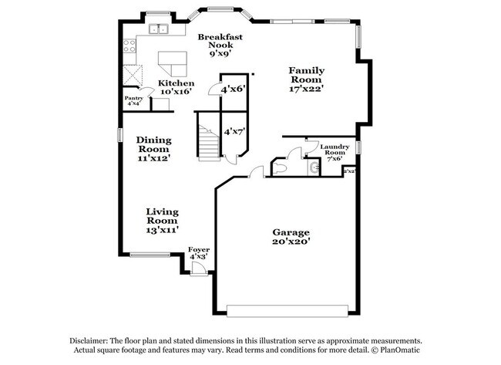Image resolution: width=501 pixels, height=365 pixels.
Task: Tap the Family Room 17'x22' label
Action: coord(306,79)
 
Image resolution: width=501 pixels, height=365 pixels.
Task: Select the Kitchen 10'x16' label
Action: coord(176,87)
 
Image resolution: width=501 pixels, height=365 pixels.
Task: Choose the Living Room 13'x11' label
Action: coord(163,220)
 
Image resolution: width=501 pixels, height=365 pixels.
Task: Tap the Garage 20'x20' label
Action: coord(291,237)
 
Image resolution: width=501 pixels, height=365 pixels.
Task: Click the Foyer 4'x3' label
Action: coord(199,253)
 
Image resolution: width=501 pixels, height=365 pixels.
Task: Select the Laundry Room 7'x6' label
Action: coord(335,151)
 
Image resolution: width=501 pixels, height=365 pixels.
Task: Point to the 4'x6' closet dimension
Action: coord(232,90)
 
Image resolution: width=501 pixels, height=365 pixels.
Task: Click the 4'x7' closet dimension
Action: coord(234,132)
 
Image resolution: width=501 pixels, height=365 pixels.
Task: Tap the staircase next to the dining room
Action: coord(208,139)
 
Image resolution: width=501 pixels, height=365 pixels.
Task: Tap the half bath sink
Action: coord(312,167)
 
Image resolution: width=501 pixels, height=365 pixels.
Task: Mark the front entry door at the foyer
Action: coord(198,268)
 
